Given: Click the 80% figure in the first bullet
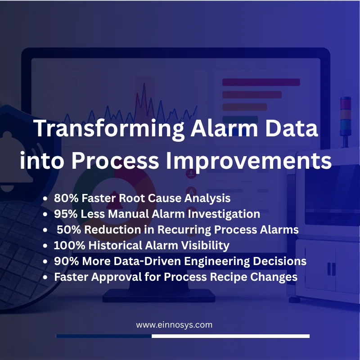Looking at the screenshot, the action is (66, 198).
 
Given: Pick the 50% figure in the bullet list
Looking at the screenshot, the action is (69, 229).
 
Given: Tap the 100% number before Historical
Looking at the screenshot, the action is (69, 245).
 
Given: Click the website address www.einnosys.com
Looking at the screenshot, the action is (174, 325).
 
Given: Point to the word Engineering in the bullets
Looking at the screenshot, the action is (217, 261).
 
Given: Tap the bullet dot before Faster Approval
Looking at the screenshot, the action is (45, 277).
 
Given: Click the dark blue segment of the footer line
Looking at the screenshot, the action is (104, 336).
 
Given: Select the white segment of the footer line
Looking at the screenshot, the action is (230, 336).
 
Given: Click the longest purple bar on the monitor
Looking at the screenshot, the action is (261, 82).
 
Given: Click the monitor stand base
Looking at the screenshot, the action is (159, 296).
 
